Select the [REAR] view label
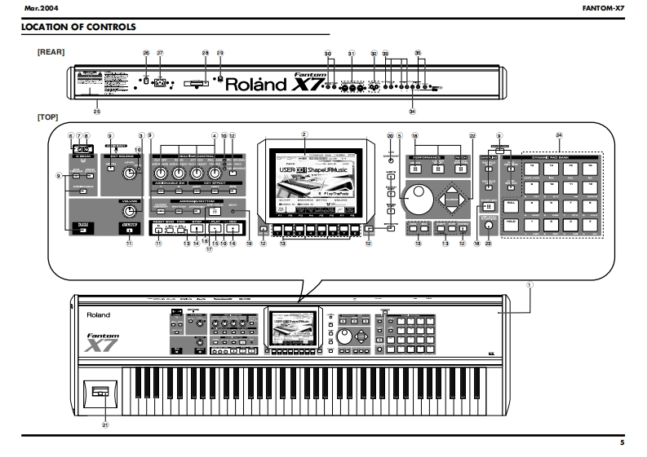click(x=51, y=51)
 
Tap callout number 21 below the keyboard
click(x=104, y=424)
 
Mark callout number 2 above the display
click(x=304, y=133)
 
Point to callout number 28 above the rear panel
click(x=206, y=53)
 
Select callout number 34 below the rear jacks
click(x=412, y=110)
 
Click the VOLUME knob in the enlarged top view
click(x=129, y=213)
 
